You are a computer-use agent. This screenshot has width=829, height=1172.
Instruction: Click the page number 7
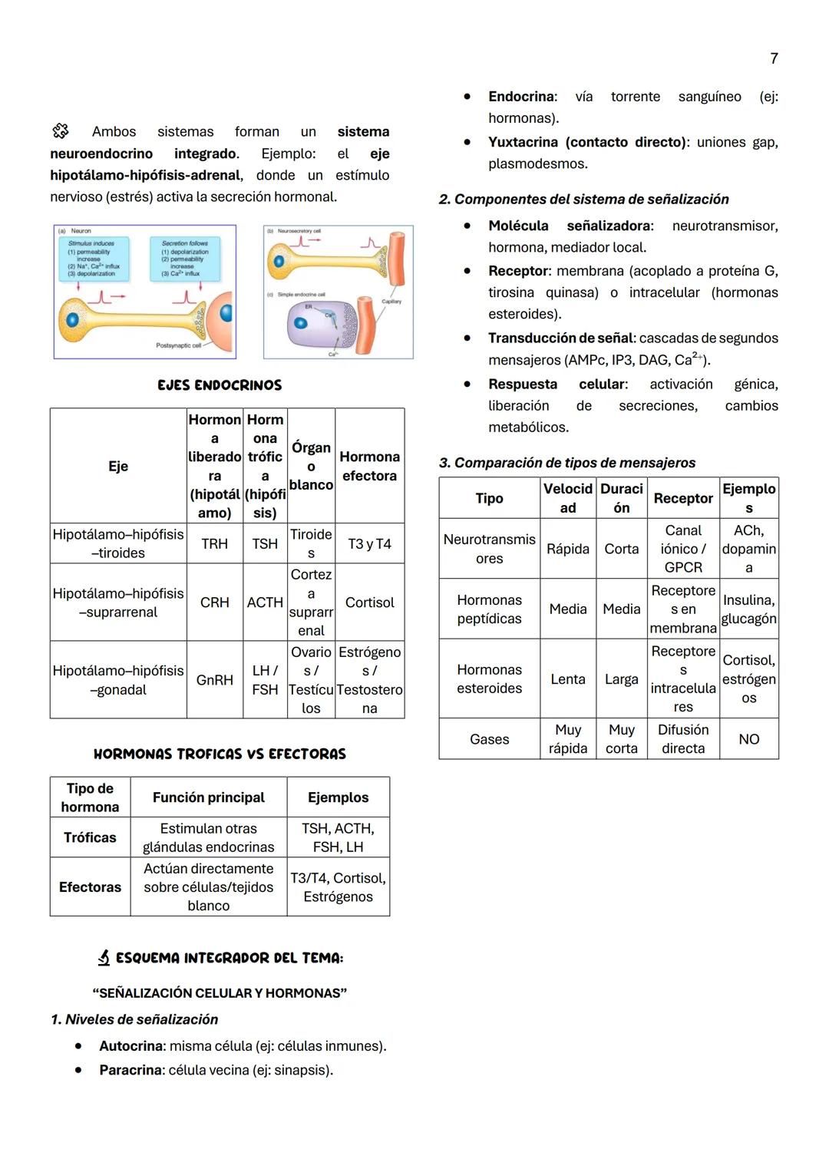pos(774,58)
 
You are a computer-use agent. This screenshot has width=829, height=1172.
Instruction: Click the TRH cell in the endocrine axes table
pos(214,543)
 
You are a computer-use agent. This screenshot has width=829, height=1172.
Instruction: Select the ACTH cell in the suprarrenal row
pos(265,603)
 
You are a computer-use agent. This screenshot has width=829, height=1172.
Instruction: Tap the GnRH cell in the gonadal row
pos(214,680)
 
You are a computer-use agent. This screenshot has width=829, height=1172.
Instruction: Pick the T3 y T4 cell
pos(369,543)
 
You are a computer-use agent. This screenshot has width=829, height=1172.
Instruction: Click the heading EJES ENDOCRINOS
pos(220,385)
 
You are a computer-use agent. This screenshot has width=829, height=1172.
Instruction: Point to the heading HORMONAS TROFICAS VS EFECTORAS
pos(220,754)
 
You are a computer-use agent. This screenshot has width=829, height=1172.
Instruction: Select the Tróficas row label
pos(90,837)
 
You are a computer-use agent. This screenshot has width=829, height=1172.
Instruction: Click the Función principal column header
pos(208,797)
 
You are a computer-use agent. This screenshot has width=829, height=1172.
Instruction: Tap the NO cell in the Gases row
pos(748,739)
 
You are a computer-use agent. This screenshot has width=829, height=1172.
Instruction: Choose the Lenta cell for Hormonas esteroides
pos(567,679)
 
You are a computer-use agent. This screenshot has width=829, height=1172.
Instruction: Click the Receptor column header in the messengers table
pos(682,498)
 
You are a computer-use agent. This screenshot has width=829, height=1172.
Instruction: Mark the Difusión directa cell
pos(682,739)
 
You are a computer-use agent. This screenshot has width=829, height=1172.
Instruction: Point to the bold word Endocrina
pos(521,97)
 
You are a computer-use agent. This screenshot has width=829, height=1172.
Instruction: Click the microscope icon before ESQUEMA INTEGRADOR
pos(104,957)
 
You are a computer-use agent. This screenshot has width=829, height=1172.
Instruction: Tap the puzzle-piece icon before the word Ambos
pos(61,131)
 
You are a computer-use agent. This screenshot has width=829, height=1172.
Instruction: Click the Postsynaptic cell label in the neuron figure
pos(178,346)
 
